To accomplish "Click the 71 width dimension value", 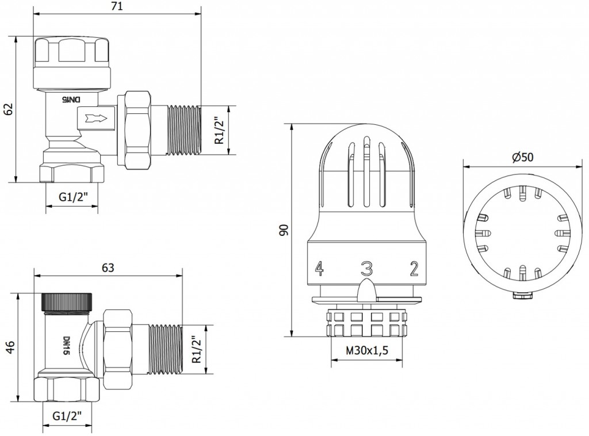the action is (117, 6).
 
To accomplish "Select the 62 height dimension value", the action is (9, 109).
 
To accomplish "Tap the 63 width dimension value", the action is (108, 268).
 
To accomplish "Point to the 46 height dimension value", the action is (10, 347).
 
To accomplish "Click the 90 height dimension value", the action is (284, 230).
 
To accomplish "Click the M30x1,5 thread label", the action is (366, 350).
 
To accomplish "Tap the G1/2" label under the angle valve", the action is (73, 197).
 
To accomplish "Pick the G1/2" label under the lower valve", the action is (67, 416).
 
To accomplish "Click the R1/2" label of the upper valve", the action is (219, 129).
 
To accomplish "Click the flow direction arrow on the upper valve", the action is (97, 118).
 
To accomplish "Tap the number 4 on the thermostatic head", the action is (319, 268).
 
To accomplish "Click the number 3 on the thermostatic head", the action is (366, 269).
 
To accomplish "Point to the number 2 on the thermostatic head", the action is (414, 269).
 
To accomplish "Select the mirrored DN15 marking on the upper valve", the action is (71, 100).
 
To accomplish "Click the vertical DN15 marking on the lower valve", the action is (66, 346).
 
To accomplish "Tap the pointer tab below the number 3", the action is (366, 290).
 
